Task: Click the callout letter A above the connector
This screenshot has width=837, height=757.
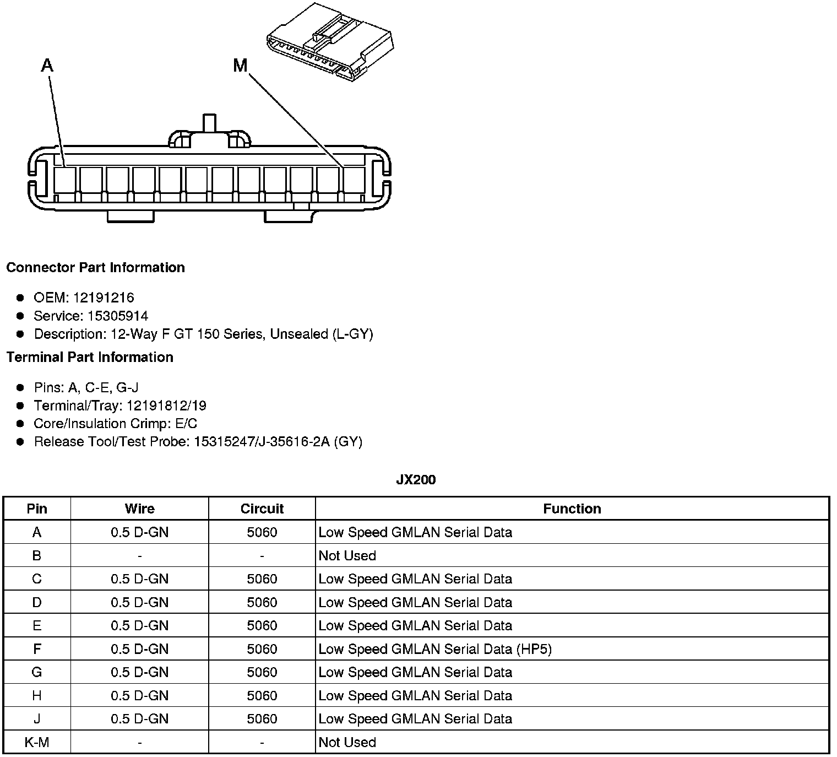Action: click(x=47, y=66)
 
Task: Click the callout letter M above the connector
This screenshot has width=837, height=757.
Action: click(x=240, y=66)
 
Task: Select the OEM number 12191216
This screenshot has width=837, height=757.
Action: click(x=104, y=298)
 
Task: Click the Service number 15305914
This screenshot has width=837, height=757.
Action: click(x=118, y=316)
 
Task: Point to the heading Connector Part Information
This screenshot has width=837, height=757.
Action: click(x=95, y=268)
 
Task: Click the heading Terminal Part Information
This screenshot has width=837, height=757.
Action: click(x=90, y=358)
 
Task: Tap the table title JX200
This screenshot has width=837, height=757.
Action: click(x=416, y=480)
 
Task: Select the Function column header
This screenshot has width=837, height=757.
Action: click(x=572, y=509)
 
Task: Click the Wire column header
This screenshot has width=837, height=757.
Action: click(x=139, y=509)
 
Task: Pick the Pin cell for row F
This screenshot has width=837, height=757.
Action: click(x=37, y=649)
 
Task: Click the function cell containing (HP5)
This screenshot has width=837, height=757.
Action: click(x=435, y=649)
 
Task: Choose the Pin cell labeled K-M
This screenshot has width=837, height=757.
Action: click(x=37, y=742)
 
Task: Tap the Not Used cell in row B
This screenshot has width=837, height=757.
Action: click(x=347, y=555)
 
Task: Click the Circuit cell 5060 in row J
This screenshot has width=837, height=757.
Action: click(x=262, y=719)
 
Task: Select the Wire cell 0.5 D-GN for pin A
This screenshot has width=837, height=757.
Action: click(x=139, y=532)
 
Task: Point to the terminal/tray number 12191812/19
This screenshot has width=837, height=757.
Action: click(x=166, y=406)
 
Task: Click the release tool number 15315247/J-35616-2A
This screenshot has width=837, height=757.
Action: click(x=262, y=442)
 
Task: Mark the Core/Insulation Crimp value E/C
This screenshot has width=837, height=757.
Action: click(x=184, y=424)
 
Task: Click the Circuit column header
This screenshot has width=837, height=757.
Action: click(x=262, y=509)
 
